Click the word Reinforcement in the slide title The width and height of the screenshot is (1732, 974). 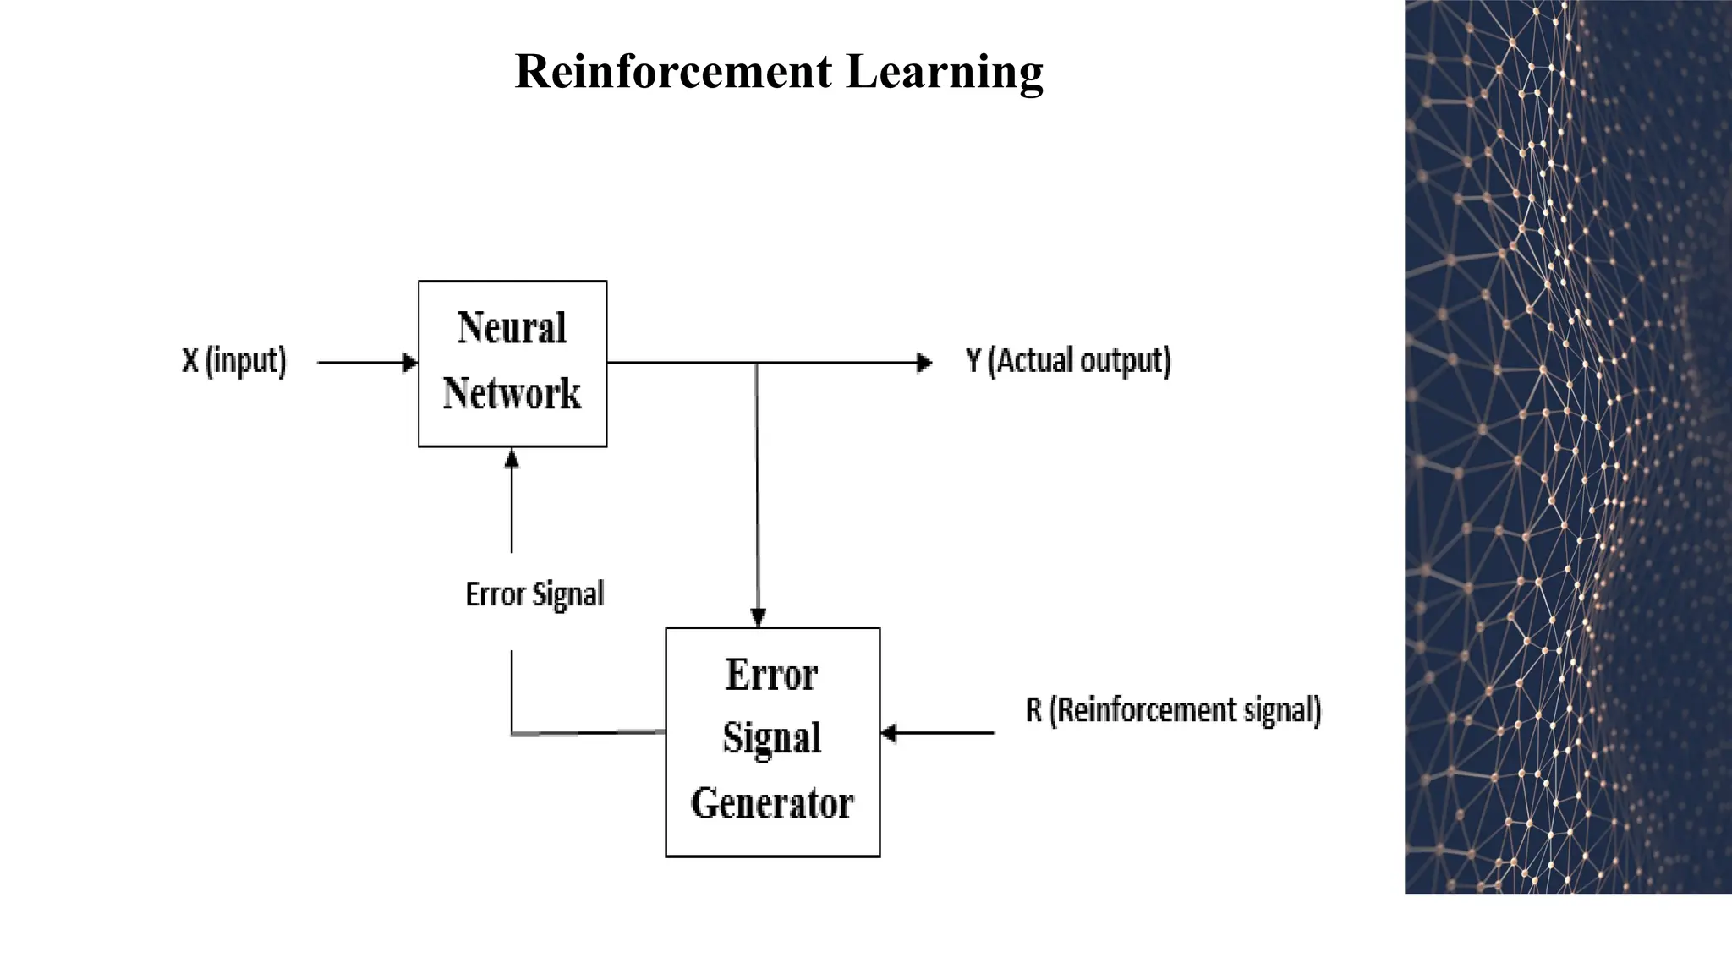(x=673, y=71)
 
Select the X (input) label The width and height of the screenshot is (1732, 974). (x=234, y=361)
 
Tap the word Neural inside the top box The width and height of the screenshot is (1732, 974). (x=512, y=328)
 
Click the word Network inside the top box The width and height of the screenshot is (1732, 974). (x=512, y=394)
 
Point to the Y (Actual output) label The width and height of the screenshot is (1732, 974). (x=1068, y=361)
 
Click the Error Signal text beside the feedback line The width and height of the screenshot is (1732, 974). (x=534, y=594)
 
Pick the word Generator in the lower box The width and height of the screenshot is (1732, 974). (x=772, y=803)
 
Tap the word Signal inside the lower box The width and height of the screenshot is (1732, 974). (x=772, y=738)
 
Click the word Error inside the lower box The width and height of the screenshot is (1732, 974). (x=772, y=675)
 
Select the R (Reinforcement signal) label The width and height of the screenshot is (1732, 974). (x=1173, y=710)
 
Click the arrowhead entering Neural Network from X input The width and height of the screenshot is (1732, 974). (x=410, y=363)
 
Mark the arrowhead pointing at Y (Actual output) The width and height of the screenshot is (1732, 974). (x=925, y=363)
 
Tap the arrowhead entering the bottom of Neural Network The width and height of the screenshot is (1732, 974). (x=512, y=458)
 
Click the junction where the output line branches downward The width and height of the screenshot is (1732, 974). (x=756, y=363)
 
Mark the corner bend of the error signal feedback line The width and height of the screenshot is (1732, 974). (x=512, y=733)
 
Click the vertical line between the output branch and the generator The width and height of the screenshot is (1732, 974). (x=757, y=490)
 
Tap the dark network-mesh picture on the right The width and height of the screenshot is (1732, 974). (x=1567, y=446)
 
